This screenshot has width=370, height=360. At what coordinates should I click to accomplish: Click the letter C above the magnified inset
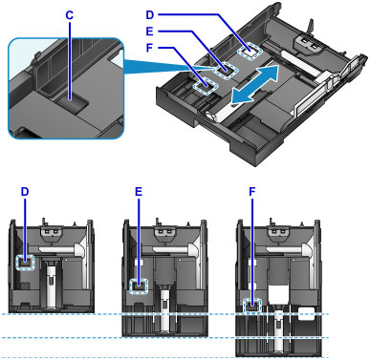(69, 15)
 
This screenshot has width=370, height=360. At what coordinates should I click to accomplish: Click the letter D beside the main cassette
(150, 15)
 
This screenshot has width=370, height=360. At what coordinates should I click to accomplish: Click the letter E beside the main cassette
(150, 32)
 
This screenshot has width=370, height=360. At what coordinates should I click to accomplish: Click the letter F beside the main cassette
(149, 48)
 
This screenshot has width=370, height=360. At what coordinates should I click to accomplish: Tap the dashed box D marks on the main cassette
(250, 50)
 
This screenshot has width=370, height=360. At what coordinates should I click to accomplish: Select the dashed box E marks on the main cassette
(226, 70)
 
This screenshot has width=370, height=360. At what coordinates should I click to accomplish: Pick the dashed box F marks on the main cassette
(206, 87)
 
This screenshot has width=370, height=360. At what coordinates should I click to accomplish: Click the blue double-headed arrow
(254, 84)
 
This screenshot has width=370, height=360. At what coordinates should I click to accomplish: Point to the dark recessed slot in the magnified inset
(72, 103)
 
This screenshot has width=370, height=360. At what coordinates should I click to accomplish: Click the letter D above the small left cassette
(25, 192)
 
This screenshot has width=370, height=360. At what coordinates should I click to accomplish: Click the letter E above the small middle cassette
(139, 192)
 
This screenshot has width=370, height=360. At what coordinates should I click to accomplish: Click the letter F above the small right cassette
(252, 192)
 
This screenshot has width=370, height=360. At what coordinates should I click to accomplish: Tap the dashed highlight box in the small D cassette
(25, 262)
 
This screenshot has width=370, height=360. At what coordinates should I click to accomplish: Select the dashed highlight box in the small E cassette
(140, 285)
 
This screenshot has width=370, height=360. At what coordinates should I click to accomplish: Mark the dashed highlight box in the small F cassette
(252, 306)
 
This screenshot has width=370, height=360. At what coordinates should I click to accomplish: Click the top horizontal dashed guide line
(164, 314)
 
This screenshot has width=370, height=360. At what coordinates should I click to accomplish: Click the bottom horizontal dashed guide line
(164, 357)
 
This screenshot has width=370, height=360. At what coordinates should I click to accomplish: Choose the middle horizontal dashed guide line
(164, 337)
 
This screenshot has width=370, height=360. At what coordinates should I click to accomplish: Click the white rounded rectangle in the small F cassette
(305, 314)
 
